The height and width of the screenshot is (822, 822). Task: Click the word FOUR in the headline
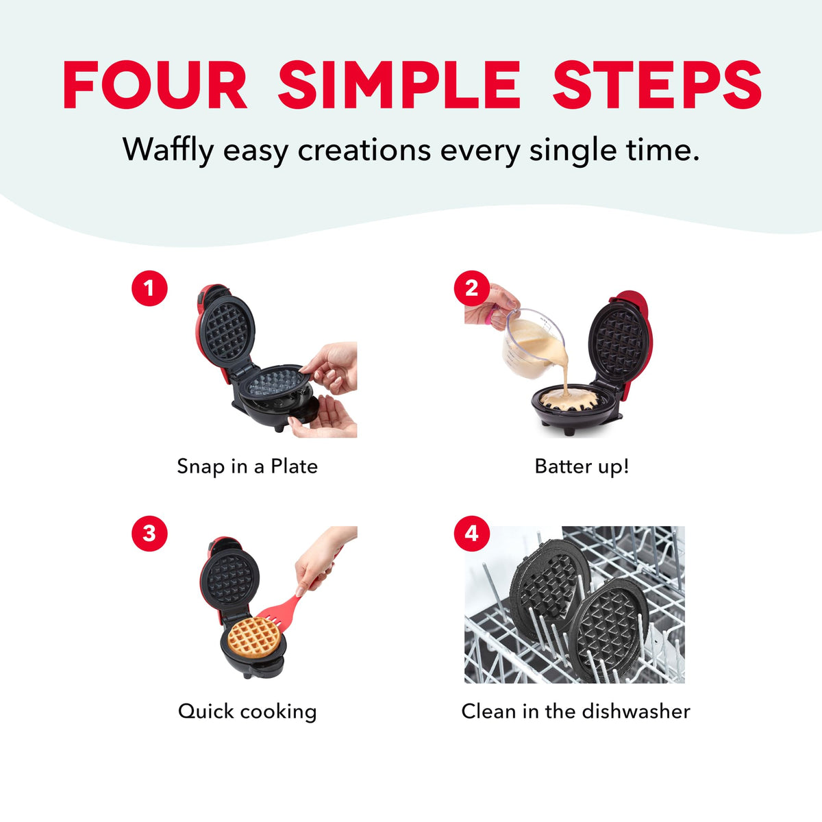tap(155, 84)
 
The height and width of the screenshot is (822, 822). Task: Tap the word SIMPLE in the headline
tap(399, 84)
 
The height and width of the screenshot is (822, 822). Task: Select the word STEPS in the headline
tap(657, 84)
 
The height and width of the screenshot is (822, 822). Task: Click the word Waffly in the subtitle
tap(168, 151)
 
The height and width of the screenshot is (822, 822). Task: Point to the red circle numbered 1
tap(149, 288)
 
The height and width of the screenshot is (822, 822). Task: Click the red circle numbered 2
tap(471, 288)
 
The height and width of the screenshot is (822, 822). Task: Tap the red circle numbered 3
tap(149, 533)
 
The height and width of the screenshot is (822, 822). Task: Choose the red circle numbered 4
tap(471, 533)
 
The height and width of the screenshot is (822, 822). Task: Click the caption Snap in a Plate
tap(247, 466)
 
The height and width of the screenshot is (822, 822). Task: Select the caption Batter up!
tap(582, 466)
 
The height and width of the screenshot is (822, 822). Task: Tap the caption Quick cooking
tap(247, 712)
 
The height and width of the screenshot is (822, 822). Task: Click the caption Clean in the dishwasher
tap(576, 711)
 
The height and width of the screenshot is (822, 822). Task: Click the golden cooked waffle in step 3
tap(254, 637)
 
